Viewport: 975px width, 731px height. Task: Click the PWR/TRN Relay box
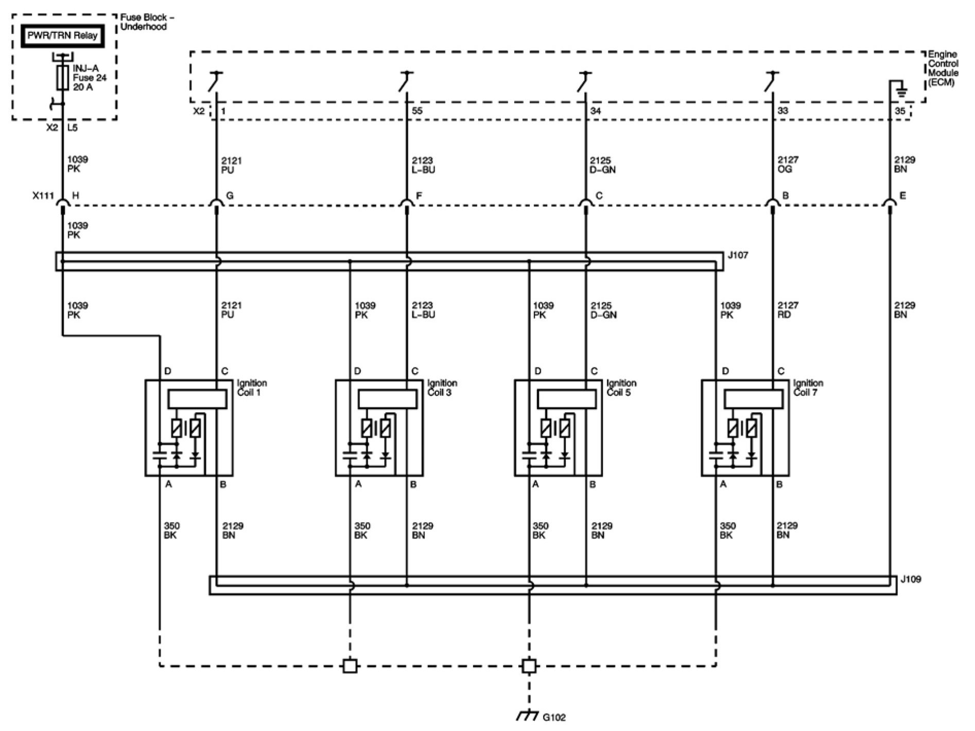point(62,36)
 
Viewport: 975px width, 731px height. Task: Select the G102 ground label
point(554,717)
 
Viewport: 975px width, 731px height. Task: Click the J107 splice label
point(738,255)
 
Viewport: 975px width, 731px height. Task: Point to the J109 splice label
point(911,580)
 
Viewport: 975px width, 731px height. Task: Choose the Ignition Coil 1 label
point(252,388)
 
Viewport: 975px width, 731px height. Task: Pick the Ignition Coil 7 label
point(808,388)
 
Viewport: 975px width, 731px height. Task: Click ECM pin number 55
point(417,111)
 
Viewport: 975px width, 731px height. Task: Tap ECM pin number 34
point(595,111)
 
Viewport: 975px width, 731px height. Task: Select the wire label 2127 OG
point(788,164)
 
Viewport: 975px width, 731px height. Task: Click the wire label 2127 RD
point(788,310)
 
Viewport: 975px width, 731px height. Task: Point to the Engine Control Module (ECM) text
point(943,68)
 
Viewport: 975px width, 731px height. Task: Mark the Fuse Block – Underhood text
point(147,22)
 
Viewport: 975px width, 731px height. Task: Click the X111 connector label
point(43,196)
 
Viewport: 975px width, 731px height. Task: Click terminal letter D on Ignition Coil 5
point(538,371)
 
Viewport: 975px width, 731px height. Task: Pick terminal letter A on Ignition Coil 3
point(358,484)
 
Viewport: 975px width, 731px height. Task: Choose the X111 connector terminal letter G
point(230,196)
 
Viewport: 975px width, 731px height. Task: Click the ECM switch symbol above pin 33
point(769,81)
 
